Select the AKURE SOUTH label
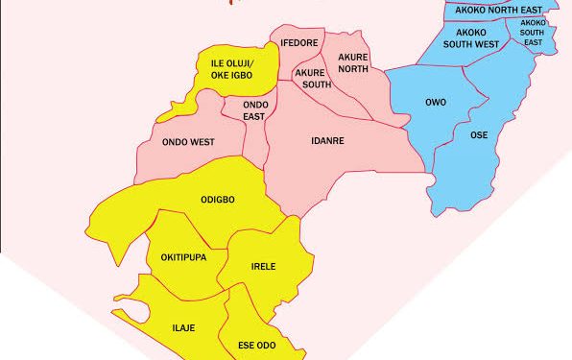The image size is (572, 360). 312,78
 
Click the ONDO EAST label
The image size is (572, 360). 253,109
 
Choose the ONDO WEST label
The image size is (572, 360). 188,142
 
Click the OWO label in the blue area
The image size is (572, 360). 434,102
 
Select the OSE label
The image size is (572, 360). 479,134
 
